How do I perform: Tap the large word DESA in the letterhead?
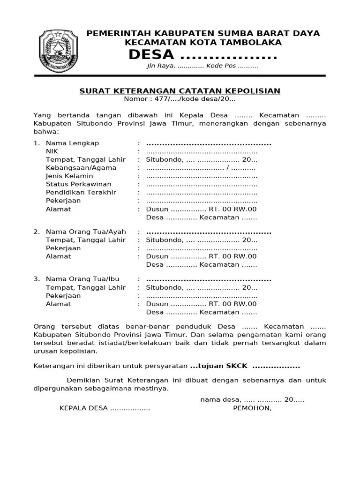(148, 55)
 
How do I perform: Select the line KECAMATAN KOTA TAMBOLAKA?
(203, 43)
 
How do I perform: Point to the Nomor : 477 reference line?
(180, 99)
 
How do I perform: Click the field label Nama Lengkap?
(72, 143)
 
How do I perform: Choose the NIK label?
(52, 151)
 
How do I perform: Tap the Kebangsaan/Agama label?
(81, 168)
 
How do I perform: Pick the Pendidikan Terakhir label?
(81, 192)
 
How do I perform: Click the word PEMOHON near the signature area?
(252, 408)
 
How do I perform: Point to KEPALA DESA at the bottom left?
(83, 408)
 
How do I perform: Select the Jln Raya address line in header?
(202, 66)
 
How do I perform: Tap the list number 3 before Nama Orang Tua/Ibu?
(36, 279)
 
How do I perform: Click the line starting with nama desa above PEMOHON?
(252, 399)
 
